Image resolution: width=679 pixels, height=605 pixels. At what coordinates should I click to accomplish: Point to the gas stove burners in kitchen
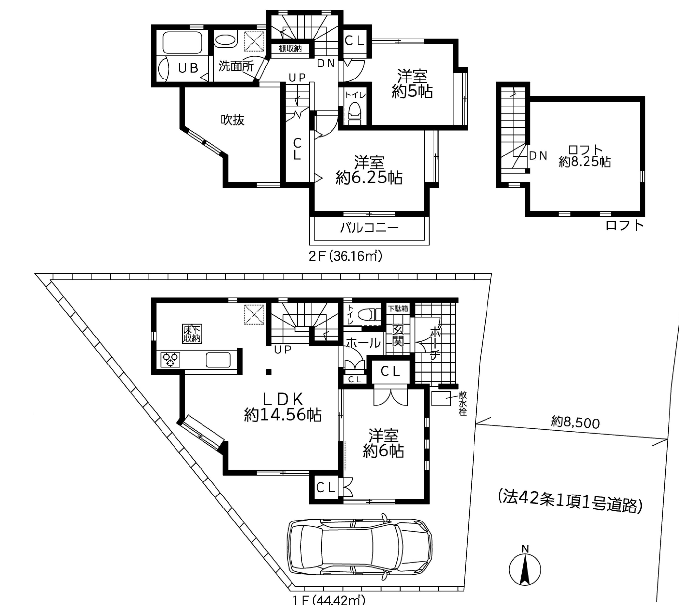click(170, 360)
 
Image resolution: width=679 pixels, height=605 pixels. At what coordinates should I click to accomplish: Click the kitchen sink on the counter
click(218, 360)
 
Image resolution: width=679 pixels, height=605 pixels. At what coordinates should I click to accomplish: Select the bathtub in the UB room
click(182, 42)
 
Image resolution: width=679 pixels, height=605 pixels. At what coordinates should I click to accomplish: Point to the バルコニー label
click(369, 228)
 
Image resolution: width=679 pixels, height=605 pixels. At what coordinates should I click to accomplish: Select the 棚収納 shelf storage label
click(290, 49)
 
